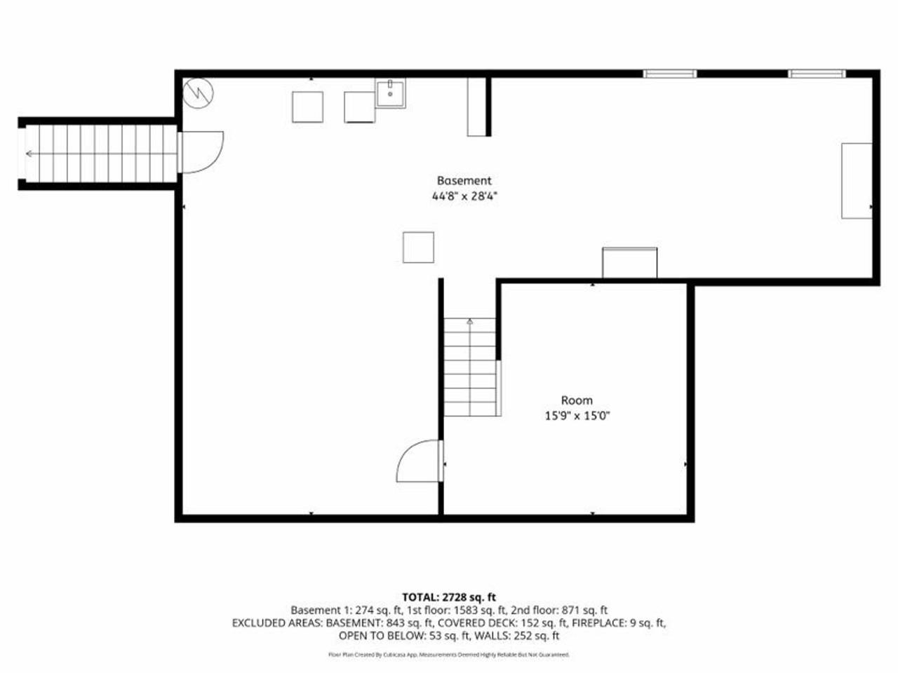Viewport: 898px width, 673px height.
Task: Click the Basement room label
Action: pyautogui.click(x=464, y=180)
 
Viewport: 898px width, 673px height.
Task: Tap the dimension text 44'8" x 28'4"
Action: pyautogui.click(x=464, y=197)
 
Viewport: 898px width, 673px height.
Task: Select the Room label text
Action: pyautogui.click(x=576, y=400)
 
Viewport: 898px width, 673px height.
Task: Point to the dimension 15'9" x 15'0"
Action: pyautogui.click(x=576, y=416)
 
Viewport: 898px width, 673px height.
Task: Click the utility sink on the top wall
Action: pyautogui.click(x=390, y=93)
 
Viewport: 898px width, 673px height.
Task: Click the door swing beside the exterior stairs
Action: pyautogui.click(x=202, y=152)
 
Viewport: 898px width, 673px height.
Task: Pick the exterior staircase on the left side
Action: pyautogui.click(x=98, y=154)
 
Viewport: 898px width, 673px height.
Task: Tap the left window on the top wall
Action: pyautogui.click(x=670, y=74)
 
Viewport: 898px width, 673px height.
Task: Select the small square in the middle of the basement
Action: pyautogui.click(x=418, y=247)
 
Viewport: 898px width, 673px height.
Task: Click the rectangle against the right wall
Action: pyautogui.click(x=857, y=181)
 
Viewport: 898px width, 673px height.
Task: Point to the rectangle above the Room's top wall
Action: pyautogui.click(x=629, y=263)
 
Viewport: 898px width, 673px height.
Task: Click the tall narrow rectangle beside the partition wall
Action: pyautogui.click(x=476, y=107)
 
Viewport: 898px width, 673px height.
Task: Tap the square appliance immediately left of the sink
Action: pyautogui.click(x=360, y=107)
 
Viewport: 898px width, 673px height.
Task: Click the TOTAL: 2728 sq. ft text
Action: pyautogui.click(x=449, y=597)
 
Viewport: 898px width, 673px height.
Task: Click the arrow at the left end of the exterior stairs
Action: pyautogui.click(x=29, y=154)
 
